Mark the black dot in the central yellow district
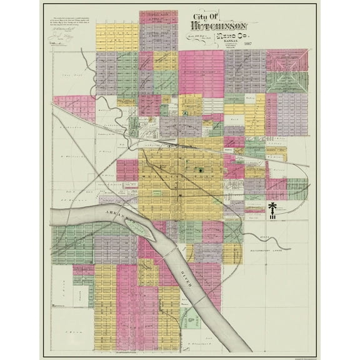[x=200, y=170]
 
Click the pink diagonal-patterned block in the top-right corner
[x=287, y=61]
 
